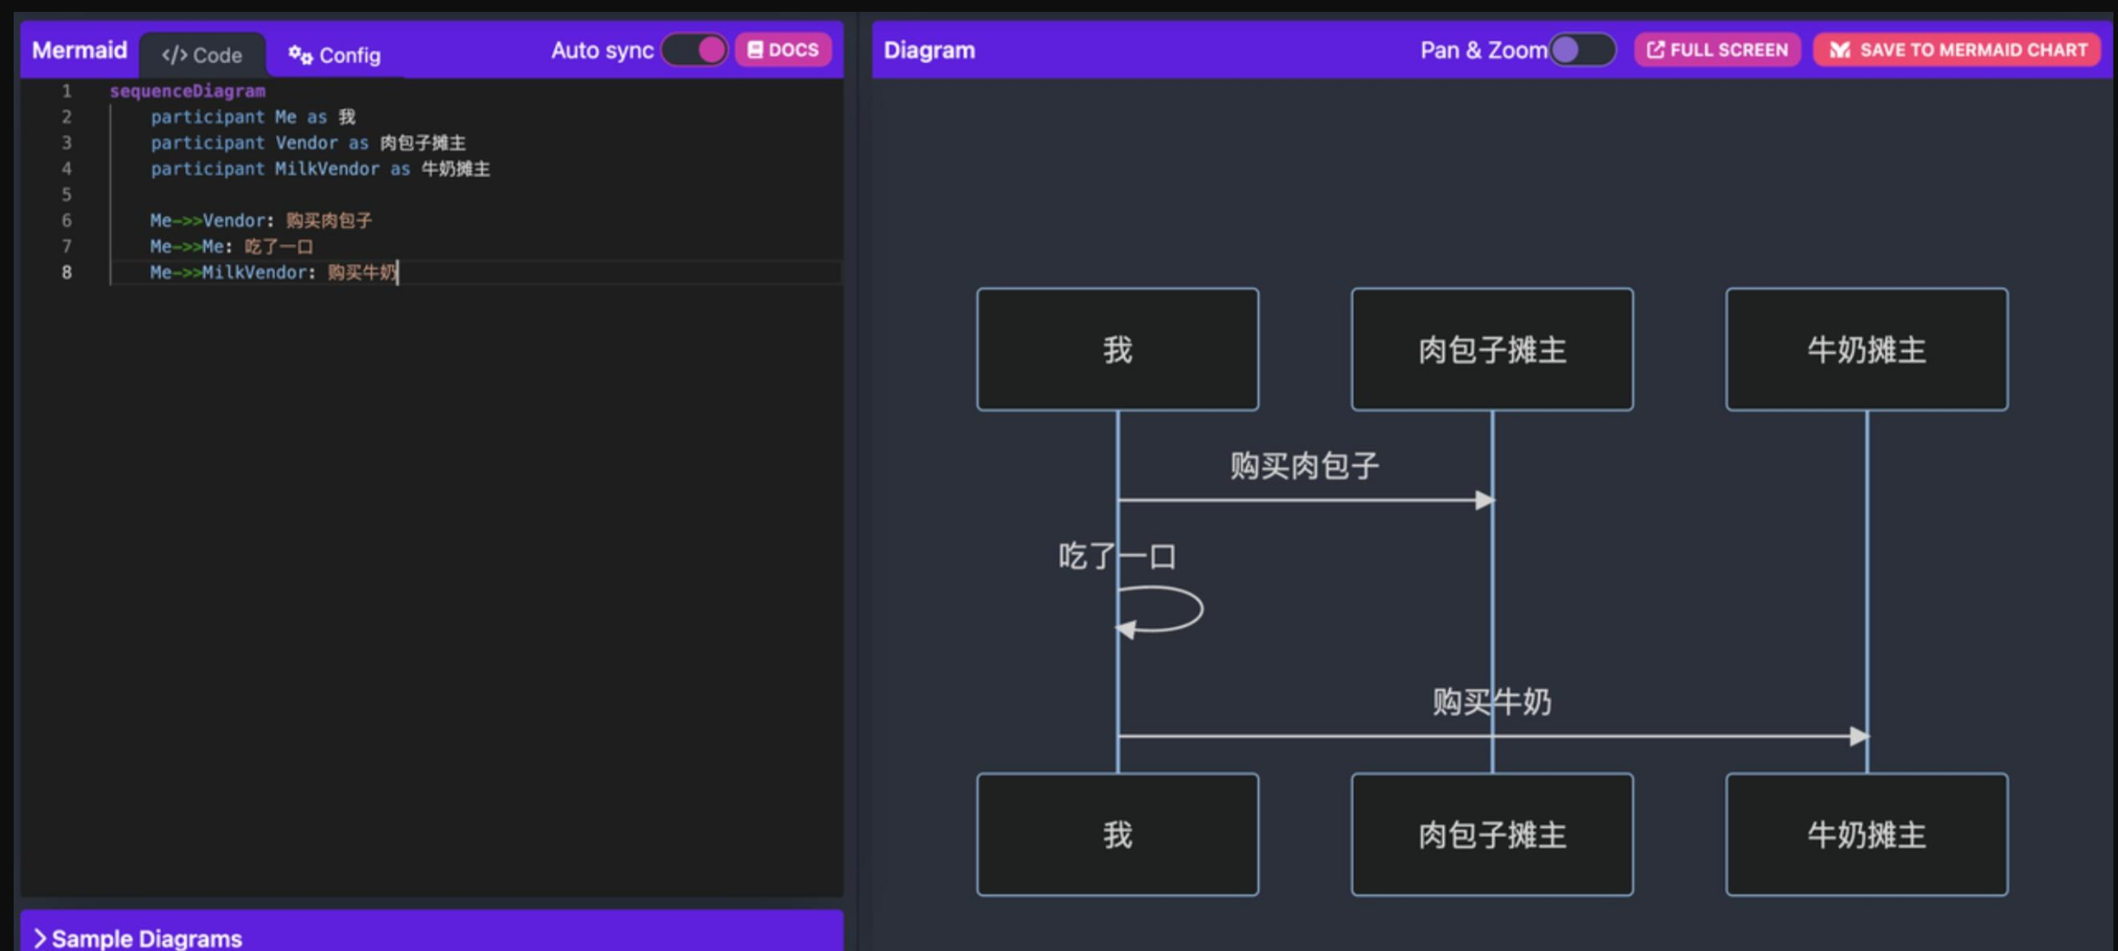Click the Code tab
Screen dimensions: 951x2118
(202, 55)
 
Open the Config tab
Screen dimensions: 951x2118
(334, 55)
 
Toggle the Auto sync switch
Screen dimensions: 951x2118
(695, 50)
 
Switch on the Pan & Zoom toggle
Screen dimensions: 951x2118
(1582, 50)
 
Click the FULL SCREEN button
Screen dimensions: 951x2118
(1717, 50)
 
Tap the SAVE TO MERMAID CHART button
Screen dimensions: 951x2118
(1957, 50)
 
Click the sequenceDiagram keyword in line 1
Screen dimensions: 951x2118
(188, 91)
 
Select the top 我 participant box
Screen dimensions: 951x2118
(1118, 350)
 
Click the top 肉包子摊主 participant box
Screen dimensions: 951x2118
(1492, 350)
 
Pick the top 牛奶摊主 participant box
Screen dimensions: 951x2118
(1867, 350)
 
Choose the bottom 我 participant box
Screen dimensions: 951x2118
(1118, 834)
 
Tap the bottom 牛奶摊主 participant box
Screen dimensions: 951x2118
(1867, 834)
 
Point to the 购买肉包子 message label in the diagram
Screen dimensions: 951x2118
(1305, 466)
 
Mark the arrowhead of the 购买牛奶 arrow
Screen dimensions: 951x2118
(1859, 736)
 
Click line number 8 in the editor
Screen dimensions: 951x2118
(67, 272)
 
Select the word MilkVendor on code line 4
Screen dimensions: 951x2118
(327, 169)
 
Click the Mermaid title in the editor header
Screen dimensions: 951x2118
(79, 50)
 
